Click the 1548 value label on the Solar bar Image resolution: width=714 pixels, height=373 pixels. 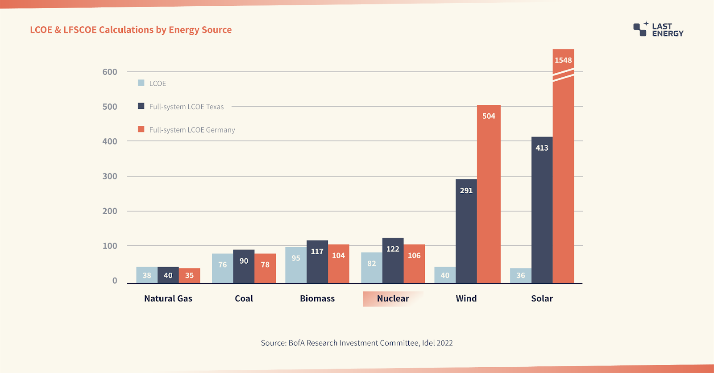coord(563,60)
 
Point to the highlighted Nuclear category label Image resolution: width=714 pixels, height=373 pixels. coord(393,298)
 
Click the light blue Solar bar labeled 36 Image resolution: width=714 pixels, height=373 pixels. coord(520,276)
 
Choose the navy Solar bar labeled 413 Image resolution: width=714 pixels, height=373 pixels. coord(542,210)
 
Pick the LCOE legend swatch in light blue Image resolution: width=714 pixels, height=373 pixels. coord(141,83)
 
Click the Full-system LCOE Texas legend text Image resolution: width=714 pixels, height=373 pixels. coord(186,107)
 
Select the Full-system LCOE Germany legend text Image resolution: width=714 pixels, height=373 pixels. coord(192,130)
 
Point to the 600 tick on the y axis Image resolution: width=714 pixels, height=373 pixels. coord(110,72)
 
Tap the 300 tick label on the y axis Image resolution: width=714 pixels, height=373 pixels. coord(110,176)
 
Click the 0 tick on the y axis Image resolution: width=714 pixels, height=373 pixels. coord(115,281)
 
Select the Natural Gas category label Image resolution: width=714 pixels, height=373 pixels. coord(168,298)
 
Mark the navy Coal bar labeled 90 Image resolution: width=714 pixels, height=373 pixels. coord(244,266)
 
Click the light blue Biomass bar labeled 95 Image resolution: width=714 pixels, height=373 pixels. coord(296,265)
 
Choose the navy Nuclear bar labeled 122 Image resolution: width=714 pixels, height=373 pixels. coord(393,261)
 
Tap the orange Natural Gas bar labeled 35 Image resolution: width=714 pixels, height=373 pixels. coord(189,276)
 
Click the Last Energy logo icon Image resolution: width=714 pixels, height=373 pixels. coord(640,29)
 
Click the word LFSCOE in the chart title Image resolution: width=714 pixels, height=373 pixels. coord(80,30)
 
